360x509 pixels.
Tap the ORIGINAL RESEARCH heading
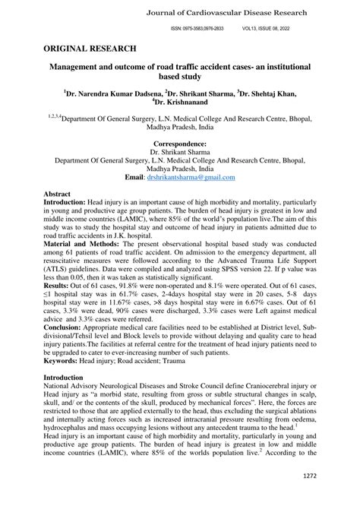pos(90,48)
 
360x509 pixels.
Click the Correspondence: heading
pos(180,144)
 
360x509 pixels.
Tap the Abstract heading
pos(58,194)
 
